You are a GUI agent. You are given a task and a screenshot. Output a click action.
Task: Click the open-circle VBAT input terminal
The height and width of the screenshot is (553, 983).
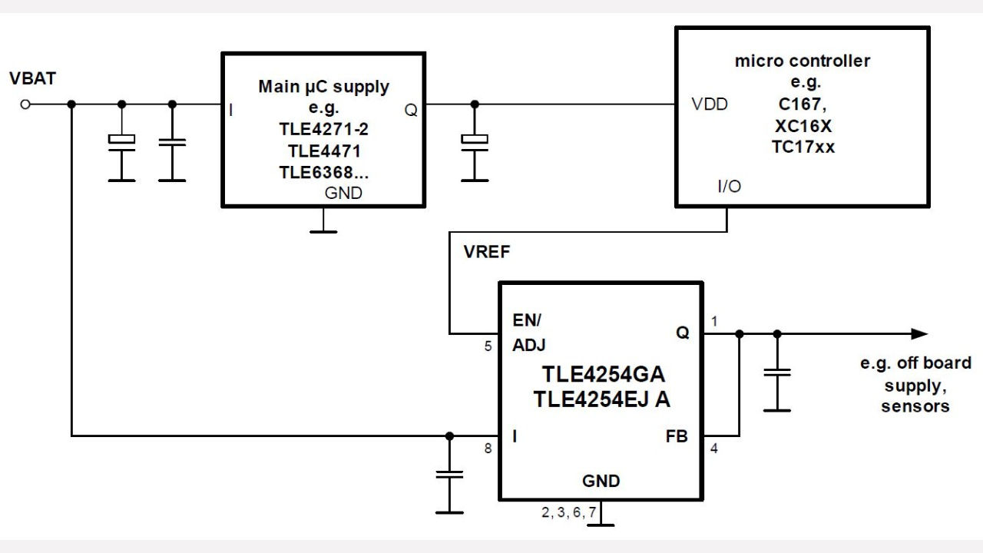point(25,104)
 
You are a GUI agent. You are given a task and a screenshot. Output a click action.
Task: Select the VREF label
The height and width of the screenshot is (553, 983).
point(487,253)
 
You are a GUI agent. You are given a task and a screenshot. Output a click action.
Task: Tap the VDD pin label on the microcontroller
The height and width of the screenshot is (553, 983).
point(710,104)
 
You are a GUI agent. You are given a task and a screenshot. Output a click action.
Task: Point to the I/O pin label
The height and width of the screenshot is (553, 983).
point(729,187)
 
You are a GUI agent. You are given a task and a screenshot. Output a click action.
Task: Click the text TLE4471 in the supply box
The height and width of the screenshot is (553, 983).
point(324,151)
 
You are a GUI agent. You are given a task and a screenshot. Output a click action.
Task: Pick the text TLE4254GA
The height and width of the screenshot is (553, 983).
point(604,375)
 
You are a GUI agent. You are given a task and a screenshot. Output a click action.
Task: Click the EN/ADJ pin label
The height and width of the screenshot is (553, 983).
point(528,332)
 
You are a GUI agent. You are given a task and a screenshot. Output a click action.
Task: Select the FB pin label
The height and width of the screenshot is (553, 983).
point(676,436)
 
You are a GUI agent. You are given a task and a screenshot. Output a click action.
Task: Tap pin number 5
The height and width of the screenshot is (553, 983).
point(488,346)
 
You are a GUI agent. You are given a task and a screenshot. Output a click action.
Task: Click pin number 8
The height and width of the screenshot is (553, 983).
point(488,450)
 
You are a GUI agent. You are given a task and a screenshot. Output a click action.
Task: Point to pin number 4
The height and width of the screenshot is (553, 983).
point(714,450)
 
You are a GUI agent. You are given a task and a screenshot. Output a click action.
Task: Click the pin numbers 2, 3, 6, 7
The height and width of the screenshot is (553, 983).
point(568,513)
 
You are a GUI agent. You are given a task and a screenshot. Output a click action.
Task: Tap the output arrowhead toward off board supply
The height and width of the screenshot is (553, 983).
point(919,333)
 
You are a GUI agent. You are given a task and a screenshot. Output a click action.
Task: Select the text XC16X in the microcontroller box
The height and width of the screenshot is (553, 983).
point(803,126)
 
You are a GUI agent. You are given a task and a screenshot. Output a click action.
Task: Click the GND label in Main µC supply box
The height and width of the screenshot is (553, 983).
point(343,194)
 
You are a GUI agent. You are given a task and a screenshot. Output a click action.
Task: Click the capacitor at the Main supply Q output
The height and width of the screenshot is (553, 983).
point(474,141)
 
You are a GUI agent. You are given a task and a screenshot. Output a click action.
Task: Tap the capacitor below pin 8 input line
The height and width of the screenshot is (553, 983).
point(449,475)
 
